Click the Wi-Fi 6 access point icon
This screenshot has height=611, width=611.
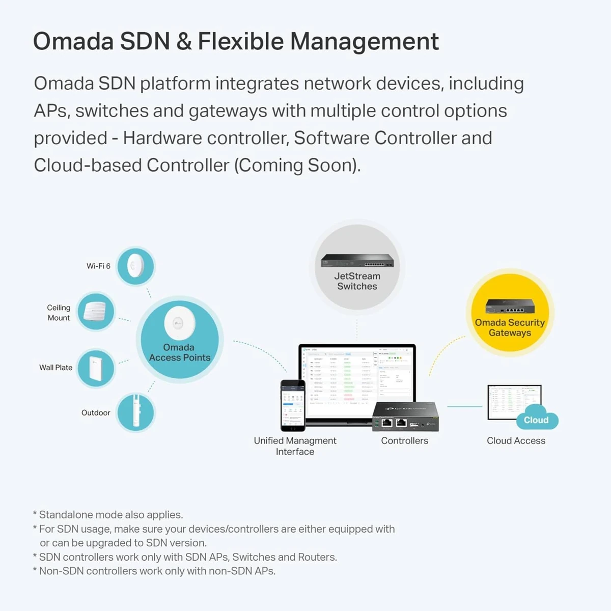[x=135, y=266]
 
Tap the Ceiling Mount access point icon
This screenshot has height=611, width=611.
[x=96, y=311]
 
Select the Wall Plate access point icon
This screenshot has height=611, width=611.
[x=96, y=368]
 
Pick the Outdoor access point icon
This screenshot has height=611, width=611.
[x=135, y=412]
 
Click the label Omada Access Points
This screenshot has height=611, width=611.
[x=179, y=352]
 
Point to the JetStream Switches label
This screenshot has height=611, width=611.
[x=357, y=281]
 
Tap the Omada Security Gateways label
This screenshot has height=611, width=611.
[x=510, y=327]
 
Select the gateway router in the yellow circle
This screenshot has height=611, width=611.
[x=510, y=306]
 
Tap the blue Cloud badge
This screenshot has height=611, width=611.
[x=537, y=420]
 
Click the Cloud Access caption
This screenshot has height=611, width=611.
[x=516, y=441]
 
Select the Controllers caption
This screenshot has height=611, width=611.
[x=404, y=441]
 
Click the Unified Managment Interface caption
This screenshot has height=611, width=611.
[x=295, y=446]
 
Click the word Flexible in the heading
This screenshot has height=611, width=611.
[x=240, y=42]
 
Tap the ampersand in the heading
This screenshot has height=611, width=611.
[x=183, y=42]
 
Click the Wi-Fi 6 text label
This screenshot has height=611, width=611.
[x=98, y=266]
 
